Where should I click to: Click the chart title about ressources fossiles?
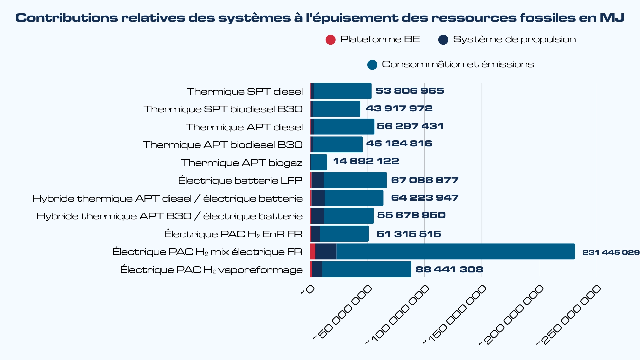click(x=319, y=18)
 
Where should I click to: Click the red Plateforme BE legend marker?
click(x=330, y=40)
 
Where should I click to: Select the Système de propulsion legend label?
click(x=514, y=40)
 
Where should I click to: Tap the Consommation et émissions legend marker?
click(x=372, y=65)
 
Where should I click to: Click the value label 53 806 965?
click(x=409, y=91)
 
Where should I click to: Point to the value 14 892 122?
click(x=366, y=161)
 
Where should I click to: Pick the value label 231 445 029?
click(x=611, y=252)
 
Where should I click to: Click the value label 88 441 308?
click(x=449, y=269)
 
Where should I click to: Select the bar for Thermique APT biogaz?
click(x=319, y=162)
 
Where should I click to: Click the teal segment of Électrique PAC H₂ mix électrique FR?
click(x=455, y=251)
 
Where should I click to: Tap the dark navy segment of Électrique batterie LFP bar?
click(x=318, y=180)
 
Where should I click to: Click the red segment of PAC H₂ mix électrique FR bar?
click(x=313, y=251)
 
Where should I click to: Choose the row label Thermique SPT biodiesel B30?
click(x=223, y=109)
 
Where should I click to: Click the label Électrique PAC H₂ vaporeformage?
click(x=211, y=270)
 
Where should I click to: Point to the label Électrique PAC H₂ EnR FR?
click(x=233, y=234)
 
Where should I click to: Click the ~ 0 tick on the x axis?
click(x=308, y=290)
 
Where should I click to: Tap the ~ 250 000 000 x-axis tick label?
click(x=569, y=315)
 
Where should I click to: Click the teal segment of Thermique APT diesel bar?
click(x=343, y=127)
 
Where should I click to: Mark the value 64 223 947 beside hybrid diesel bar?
click(x=424, y=198)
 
